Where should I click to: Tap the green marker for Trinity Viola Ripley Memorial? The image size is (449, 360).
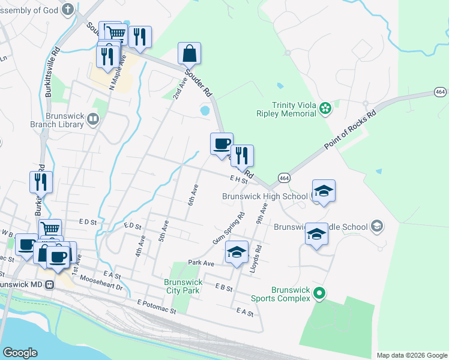click(x=325, y=108)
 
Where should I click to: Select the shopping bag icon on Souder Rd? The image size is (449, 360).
click(x=189, y=53)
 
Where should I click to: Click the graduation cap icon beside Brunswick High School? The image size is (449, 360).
click(x=324, y=191)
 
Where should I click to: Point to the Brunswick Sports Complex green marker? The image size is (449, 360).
click(x=320, y=294)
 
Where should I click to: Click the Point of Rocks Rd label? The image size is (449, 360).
click(x=351, y=130)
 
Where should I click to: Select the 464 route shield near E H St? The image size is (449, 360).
click(x=285, y=178)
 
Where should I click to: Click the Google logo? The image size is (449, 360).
click(x=20, y=353)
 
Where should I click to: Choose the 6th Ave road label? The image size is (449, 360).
click(x=194, y=194)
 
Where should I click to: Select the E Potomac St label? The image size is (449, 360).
click(x=156, y=307)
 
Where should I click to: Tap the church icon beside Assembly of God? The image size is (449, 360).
click(x=68, y=10)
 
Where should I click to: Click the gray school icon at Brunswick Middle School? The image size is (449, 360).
click(x=377, y=226)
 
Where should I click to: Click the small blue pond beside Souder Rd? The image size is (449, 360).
click(x=205, y=110)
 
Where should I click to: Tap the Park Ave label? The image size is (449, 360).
click(x=200, y=263)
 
